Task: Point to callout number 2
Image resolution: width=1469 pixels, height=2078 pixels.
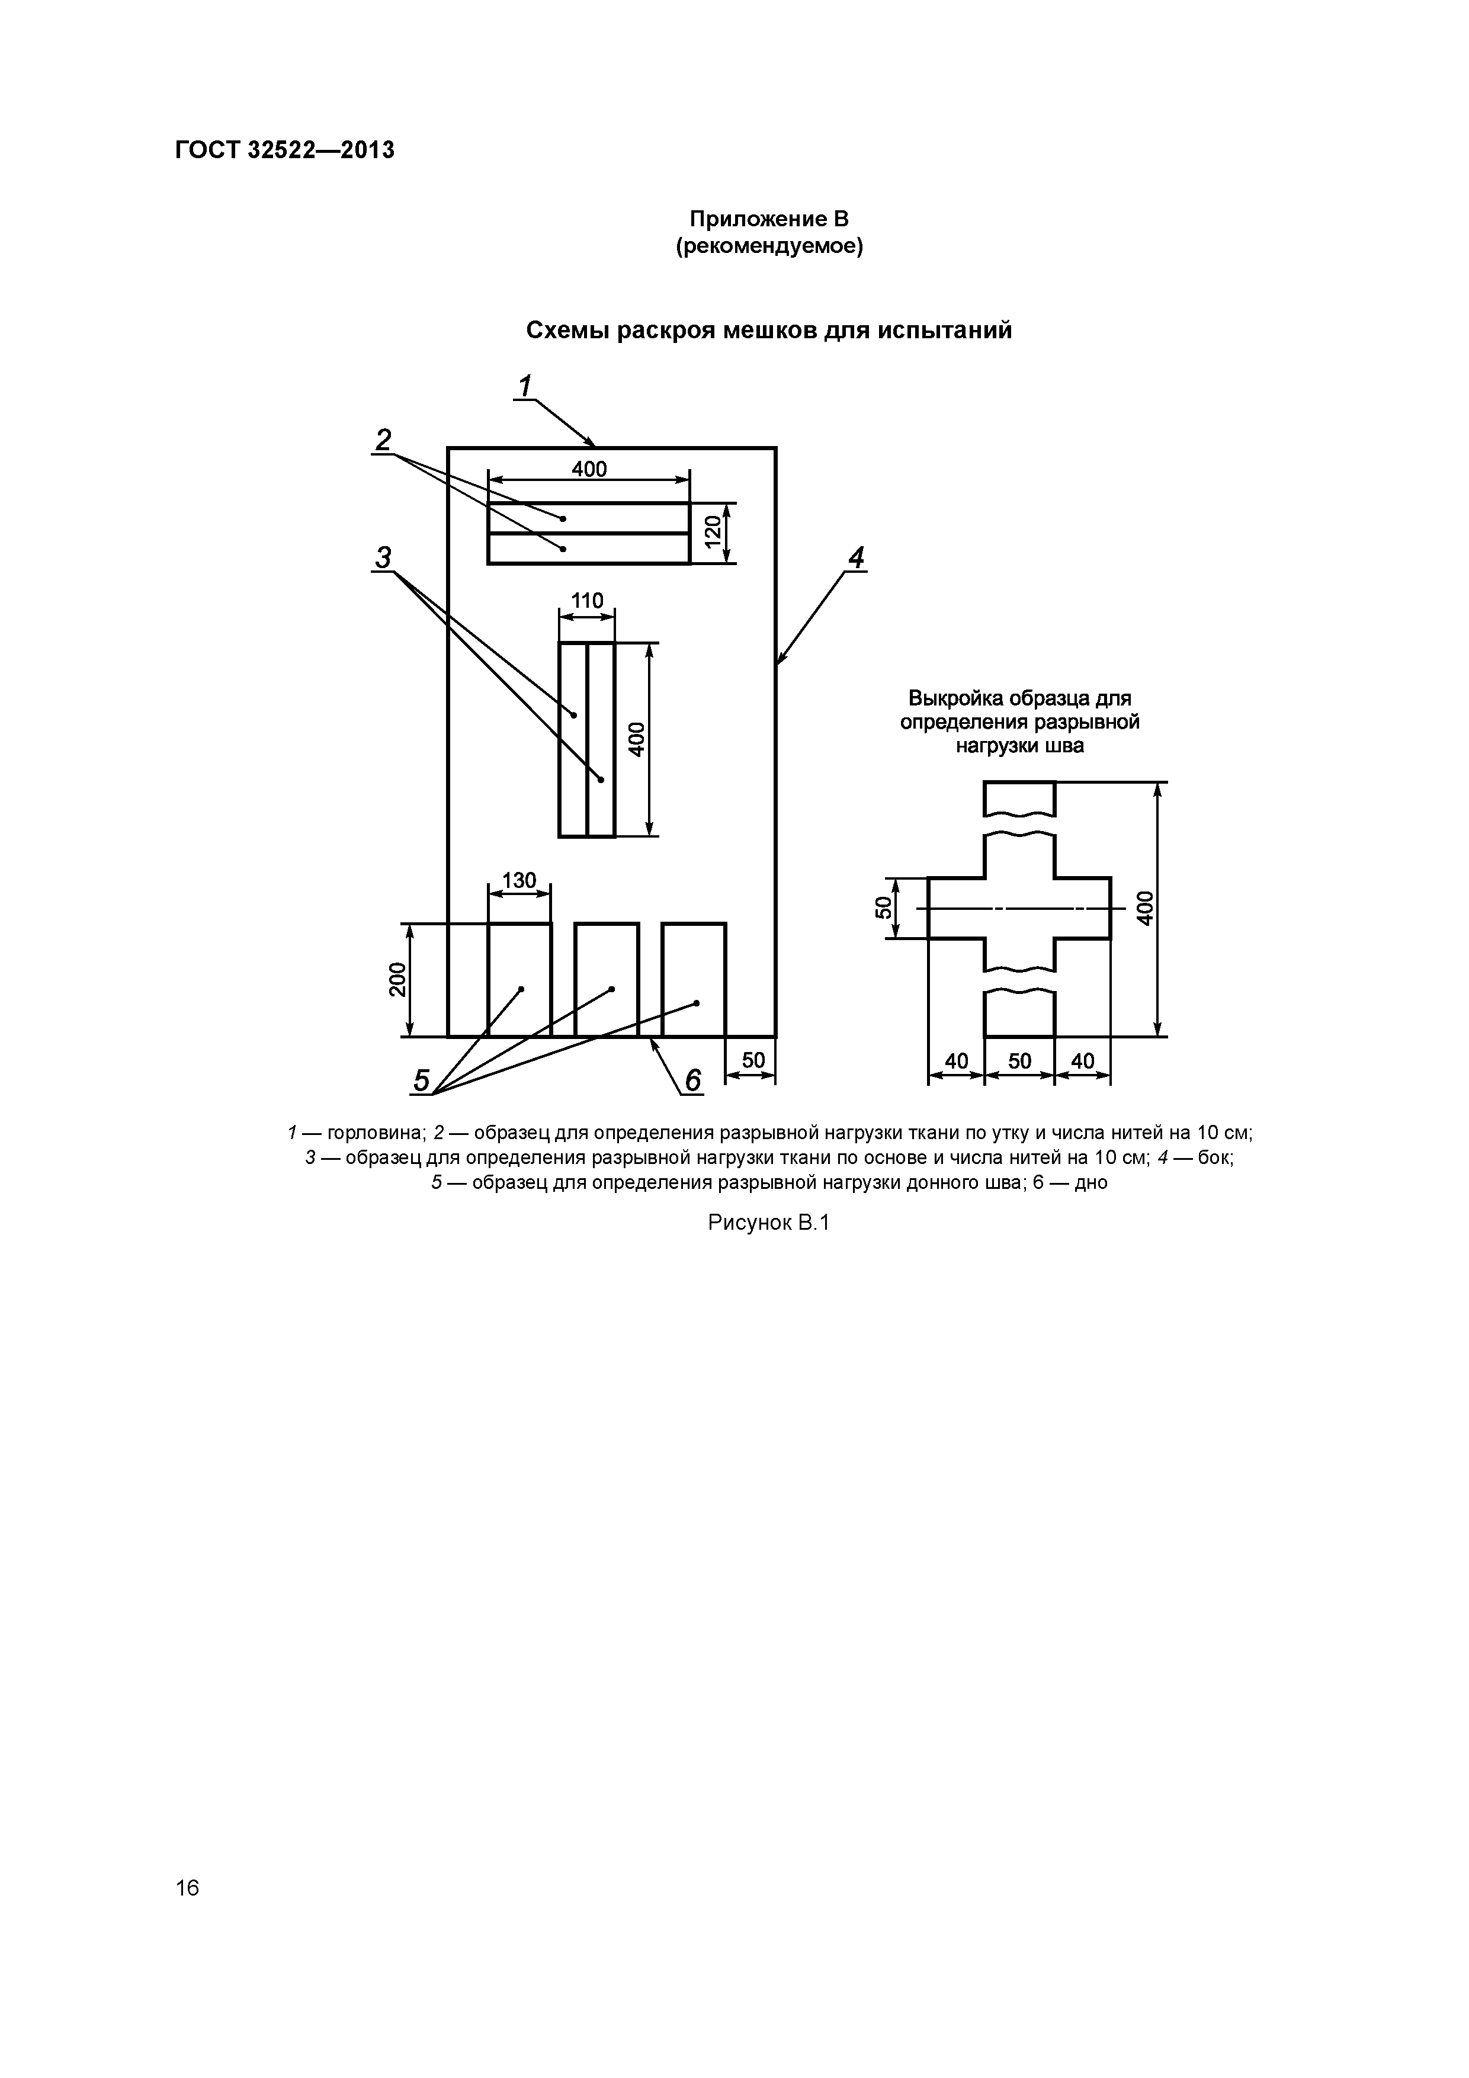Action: (384, 441)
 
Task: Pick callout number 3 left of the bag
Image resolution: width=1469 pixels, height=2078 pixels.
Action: (384, 557)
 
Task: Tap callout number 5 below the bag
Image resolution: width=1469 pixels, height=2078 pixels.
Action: (422, 1080)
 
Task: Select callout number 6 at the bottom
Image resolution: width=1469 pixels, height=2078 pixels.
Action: (692, 1080)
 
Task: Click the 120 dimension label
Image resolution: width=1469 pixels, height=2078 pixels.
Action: (713, 532)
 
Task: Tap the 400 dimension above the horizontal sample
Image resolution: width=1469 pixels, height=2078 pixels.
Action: (589, 469)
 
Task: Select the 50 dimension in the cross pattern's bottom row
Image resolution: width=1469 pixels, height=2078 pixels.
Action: (1019, 1061)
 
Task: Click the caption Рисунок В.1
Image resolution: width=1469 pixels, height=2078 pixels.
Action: (768, 1224)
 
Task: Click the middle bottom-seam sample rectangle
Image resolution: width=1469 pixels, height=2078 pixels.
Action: (607, 979)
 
